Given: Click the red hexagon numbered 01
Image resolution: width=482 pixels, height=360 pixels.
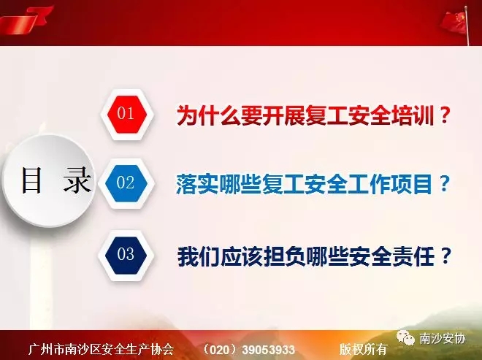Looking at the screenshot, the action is [x=127, y=114].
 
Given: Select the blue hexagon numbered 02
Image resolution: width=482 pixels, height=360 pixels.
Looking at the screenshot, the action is [x=126, y=183].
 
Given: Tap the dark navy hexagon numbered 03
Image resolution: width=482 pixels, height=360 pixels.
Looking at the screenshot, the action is [x=126, y=255].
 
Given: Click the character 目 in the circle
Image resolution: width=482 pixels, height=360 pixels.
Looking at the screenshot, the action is [x=31, y=180].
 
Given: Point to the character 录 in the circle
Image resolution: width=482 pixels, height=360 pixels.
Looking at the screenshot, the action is [x=77, y=180].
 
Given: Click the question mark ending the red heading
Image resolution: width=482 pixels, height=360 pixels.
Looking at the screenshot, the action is [x=444, y=115].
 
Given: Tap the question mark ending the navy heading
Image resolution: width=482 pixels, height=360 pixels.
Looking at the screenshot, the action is [x=445, y=256].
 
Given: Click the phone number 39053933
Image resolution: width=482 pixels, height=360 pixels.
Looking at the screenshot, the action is [x=268, y=350].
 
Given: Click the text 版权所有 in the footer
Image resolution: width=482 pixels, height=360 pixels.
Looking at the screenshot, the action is [x=363, y=349].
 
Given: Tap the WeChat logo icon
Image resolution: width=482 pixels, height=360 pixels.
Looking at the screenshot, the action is [x=406, y=338].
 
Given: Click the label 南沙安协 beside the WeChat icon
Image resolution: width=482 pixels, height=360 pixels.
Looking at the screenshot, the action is [x=443, y=339].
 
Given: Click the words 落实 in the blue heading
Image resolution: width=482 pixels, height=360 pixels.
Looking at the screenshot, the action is [x=196, y=184].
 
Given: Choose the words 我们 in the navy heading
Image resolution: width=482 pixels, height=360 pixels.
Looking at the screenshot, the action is [x=198, y=256].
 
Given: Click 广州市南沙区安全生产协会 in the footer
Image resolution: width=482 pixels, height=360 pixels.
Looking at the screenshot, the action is [x=101, y=350].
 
